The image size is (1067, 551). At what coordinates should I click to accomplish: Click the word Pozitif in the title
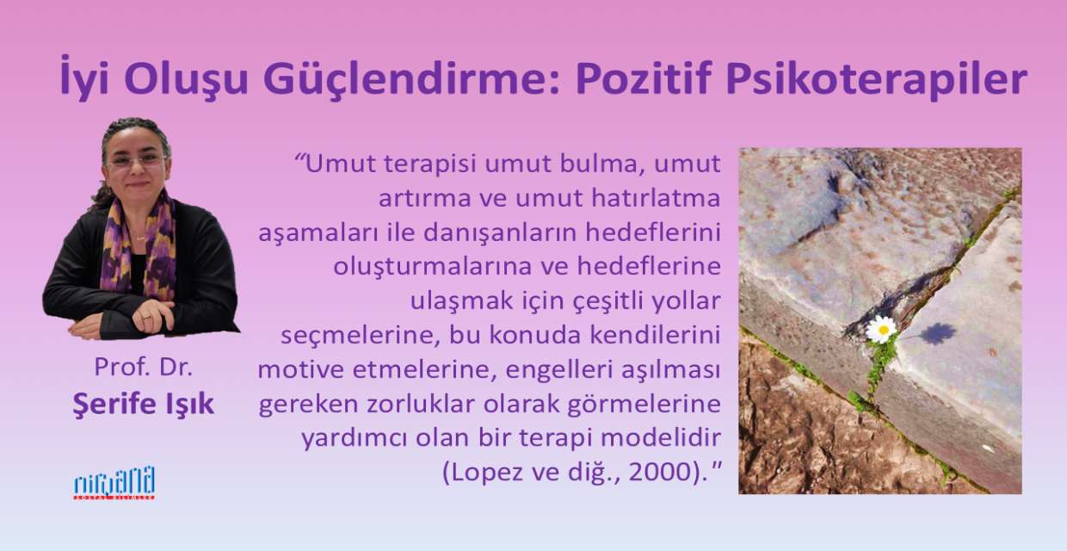pyautogui.click(x=642, y=78)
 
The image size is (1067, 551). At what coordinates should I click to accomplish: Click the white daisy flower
pyautogui.click(x=881, y=330)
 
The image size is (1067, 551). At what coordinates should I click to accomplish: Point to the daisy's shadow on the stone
pyautogui.click(x=937, y=333)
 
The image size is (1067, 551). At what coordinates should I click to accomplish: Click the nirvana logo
pyautogui.click(x=114, y=483)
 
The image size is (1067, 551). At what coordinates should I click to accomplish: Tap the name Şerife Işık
pyautogui.click(x=143, y=405)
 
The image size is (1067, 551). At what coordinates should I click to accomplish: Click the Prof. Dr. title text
pyautogui.click(x=144, y=367)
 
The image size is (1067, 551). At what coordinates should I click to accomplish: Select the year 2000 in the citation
pyautogui.click(x=660, y=473)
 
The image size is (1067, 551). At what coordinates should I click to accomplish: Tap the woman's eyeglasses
pyautogui.click(x=136, y=161)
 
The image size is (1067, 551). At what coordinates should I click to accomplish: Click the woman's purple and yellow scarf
pyautogui.click(x=139, y=248)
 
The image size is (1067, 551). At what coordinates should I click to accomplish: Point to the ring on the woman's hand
pyautogui.click(x=146, y=318)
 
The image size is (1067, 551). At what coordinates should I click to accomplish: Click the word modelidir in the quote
pyautogui.click(x=661, y=438)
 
